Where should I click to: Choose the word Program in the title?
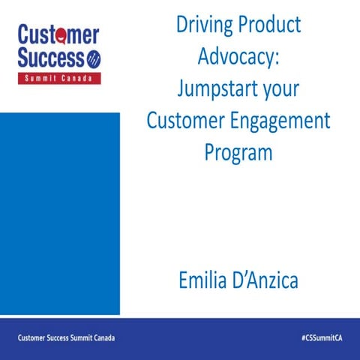point(238,151)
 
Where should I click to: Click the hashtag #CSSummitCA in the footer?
point(316,338)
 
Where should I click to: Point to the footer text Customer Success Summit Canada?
point(67,338)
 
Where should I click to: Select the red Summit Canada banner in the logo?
point(58,78)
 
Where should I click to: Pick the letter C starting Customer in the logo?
point(25,35)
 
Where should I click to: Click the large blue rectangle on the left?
point(60,214)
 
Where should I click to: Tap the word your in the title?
point(277,88)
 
